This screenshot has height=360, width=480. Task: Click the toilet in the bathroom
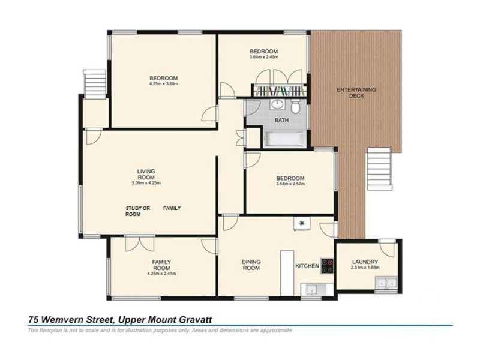point(295,108)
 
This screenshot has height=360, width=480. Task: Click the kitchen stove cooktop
point(327,266)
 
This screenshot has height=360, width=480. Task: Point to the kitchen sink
point(311,290)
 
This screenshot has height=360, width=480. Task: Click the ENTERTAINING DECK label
point(356,92)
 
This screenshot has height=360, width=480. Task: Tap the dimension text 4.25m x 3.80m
point(164,84)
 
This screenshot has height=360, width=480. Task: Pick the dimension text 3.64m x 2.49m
point(264,57)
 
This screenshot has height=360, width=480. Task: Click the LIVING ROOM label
point(146,174)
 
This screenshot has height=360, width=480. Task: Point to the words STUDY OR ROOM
point(133,211)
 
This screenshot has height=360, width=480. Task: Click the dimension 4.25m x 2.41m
point(161,274)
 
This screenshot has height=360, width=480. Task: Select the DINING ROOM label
point(251,265)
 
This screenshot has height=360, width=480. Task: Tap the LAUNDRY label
point(365,262)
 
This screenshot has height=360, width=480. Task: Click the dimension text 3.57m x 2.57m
point(290,184)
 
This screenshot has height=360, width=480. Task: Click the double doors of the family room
point(135,244)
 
